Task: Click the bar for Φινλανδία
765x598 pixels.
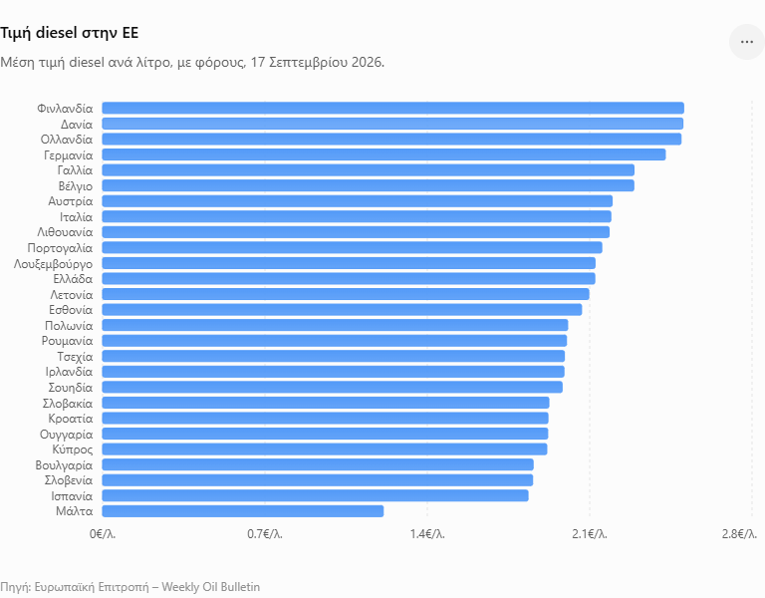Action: (392, 108)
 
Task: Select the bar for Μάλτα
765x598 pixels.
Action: (242, 511)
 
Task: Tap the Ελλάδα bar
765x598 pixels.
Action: (349, 278)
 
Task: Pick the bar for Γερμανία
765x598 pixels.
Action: (383, 154)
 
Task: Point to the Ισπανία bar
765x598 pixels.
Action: (315, 495)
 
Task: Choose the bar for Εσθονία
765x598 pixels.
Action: (342, 310)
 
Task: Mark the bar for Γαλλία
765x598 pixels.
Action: (368, 169)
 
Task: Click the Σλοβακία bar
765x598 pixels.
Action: (326, 403)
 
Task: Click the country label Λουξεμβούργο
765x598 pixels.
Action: (53, 264)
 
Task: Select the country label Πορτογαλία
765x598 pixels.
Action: (60, 248)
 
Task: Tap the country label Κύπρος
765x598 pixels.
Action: (72, 449)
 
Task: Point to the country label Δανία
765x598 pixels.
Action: (77, 124)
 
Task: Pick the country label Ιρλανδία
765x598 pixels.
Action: (69, 372)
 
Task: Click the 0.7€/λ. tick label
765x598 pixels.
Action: (265, 534)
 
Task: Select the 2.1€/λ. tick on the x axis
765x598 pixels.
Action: (590, 534)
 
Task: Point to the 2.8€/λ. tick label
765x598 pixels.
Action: (740, 534)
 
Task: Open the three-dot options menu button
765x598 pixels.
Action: (747, 42)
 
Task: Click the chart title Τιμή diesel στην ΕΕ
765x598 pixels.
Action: (70, 33)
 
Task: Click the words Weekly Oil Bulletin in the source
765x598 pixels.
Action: (211, 587)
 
